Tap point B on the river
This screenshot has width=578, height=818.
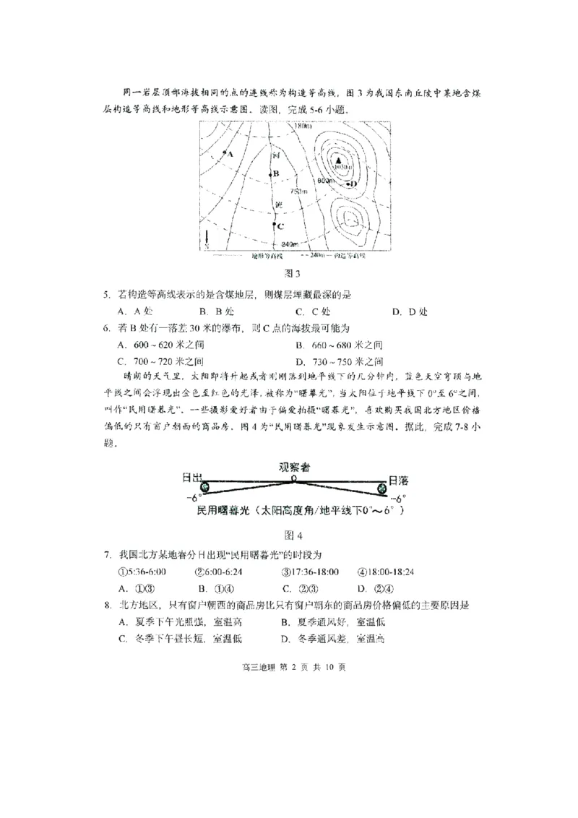[275, 173]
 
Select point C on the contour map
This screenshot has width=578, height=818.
[275, 225]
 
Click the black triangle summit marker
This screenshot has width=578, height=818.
[337, 160]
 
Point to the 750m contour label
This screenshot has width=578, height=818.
[298, 191]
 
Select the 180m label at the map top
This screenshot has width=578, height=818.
[303, 126]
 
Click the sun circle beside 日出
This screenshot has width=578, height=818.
[204, 488]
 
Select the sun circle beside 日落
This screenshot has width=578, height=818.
[383, 488]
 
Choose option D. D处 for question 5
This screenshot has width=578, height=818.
[410, 311]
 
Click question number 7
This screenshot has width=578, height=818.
[106, 554]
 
